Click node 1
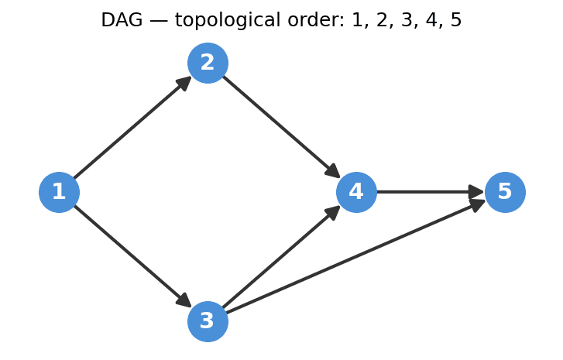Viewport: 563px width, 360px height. tap(59, 192)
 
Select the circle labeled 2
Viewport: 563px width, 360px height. tap(208, 63)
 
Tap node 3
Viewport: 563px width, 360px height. tap(208, 321)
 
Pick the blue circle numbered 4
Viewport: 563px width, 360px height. tap(356, 192)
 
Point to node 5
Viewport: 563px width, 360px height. tap(505, 192)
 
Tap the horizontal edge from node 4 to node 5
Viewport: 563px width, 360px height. tap(426, 192)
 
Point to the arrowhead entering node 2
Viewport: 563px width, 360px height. tap(184, 83)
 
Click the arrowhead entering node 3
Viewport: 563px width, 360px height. tap(184, 301)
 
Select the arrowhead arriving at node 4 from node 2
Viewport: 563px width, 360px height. tap(333, 172)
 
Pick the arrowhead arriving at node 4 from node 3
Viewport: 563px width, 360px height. tap(333, 212)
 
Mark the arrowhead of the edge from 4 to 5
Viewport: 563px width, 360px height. tap(477, 192)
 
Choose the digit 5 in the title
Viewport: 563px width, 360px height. tap(456, 21)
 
